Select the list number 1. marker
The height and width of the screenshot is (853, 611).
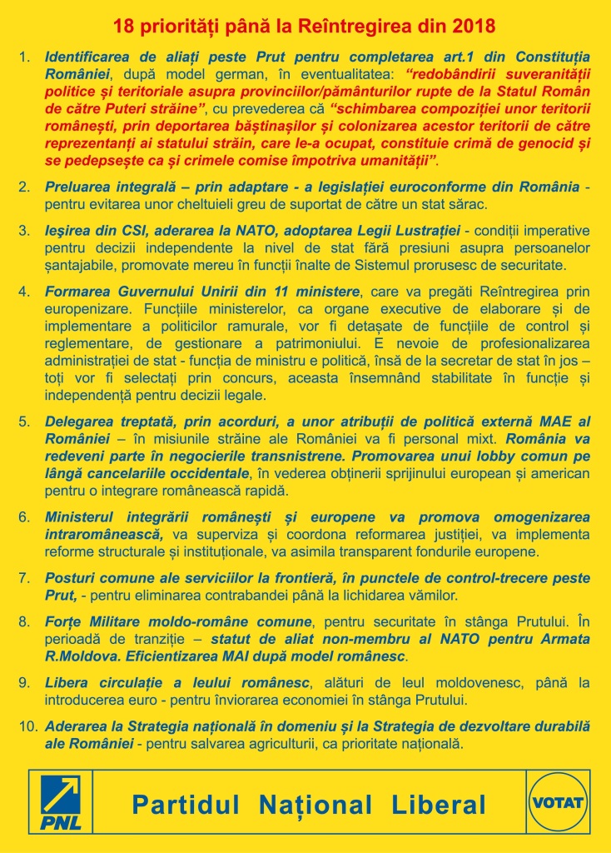25,58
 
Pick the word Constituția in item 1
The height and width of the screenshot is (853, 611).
551,58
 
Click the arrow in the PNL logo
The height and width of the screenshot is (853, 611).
63,795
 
